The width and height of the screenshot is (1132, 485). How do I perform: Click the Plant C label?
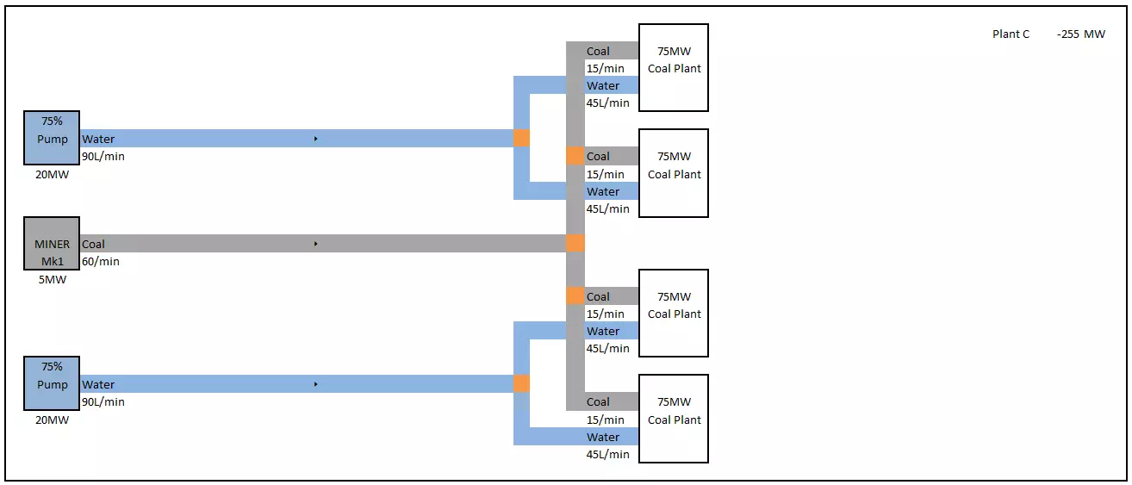[1011, 34]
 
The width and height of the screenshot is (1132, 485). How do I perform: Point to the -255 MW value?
[1081, 34]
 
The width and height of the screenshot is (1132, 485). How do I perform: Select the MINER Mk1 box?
[53, 244]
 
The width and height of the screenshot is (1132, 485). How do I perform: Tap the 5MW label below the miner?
[53, 279]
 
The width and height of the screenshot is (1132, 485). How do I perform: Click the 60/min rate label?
[101, 261]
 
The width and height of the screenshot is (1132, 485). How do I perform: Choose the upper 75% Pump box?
[53, 138]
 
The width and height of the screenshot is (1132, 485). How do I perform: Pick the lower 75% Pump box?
[53, 383]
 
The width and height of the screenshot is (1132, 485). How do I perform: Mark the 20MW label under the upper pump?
[53, 174]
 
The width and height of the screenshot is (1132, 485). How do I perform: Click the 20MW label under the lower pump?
[53, 420]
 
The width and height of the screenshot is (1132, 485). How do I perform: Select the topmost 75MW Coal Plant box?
[673, 68]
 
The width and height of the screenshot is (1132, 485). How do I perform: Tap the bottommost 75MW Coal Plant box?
[673, 419]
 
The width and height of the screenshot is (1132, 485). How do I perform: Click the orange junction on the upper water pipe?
[521, 138]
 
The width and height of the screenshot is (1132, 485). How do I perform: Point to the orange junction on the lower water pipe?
[521, 383]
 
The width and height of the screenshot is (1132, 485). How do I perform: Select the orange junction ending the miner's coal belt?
[575, 243]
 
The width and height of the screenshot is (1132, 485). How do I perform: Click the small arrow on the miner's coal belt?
[316, 244]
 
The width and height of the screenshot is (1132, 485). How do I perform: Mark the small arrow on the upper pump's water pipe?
[316, 138]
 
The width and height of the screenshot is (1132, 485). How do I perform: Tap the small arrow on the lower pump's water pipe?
[316, 383]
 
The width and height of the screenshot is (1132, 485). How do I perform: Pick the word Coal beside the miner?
[93, 244]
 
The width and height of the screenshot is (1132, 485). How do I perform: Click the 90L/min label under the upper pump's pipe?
[103, 157]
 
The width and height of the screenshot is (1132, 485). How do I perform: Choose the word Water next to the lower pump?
[98, 384]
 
